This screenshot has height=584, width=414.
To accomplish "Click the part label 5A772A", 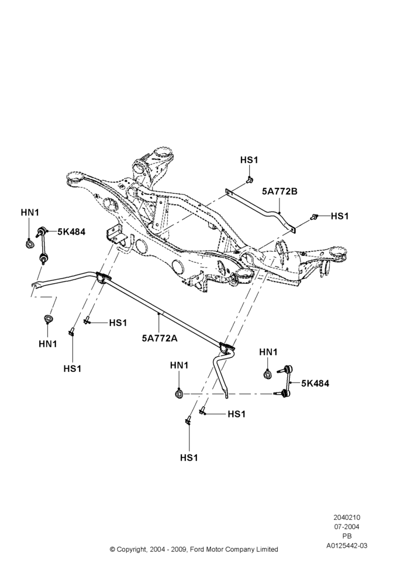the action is [159, 338].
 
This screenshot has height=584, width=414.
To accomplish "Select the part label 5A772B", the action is [280, 192].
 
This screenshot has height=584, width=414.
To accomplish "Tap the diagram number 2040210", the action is [347, 517].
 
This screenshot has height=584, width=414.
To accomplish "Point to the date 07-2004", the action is [347, 527].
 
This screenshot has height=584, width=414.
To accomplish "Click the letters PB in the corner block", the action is [347, 536].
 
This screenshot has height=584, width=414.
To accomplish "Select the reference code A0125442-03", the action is [347, 545].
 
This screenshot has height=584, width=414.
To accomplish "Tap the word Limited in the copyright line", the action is [267, 550].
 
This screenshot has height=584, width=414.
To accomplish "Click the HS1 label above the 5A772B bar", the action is [249, 160].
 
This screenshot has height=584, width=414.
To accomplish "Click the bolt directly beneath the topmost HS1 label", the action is [250, 181].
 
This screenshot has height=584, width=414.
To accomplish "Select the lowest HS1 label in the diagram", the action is [189, 458].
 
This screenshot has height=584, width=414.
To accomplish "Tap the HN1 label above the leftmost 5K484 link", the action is [30, 213].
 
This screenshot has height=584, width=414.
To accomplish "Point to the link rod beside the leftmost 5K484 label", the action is [42, 244].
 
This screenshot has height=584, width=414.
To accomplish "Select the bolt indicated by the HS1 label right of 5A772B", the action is [315, 216].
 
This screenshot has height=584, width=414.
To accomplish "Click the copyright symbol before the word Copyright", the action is [112, 550].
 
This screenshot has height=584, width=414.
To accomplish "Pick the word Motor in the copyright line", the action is [213, 550].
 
